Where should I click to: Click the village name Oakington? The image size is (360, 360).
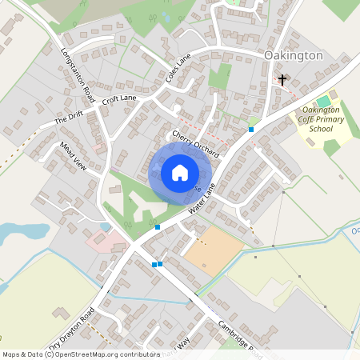click(293, 55)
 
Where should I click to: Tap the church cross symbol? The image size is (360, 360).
click(282, 79)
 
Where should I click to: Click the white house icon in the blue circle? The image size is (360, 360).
click(180, 173)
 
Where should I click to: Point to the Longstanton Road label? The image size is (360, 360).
click(78, 76)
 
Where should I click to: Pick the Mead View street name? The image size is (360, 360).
click(73, 154)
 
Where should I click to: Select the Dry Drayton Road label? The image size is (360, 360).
click(72, 329)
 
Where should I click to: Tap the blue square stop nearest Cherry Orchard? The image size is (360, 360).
click(251, 129)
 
